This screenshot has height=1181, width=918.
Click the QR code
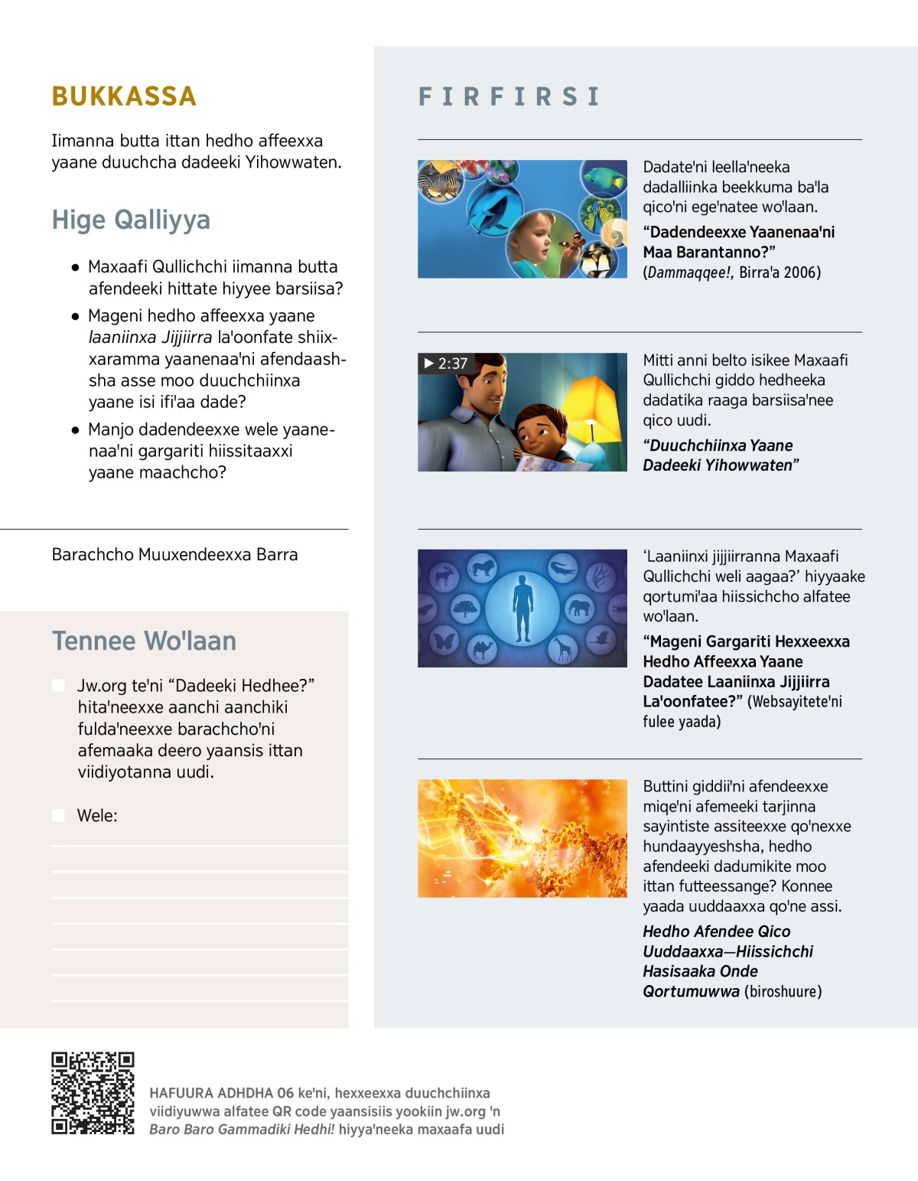click(93, 1092)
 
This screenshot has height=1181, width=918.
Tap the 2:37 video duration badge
click(445, 364)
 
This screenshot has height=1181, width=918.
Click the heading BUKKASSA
click(124, 96)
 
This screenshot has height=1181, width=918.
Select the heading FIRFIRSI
click(509, 96)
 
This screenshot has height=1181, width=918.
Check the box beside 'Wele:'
click(58, 815)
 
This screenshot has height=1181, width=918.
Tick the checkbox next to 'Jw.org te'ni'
click(58, 685)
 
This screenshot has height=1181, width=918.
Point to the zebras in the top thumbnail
click(440, 182)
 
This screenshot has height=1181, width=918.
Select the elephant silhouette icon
click(579, 609)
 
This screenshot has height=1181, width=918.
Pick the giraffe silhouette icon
click(563, 650)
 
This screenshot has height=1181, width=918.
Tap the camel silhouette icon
click(483, 650)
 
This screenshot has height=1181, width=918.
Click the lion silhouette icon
click(483, 568)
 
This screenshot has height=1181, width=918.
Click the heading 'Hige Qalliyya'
click(131, 220)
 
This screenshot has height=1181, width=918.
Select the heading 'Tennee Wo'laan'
click(144, 641)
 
